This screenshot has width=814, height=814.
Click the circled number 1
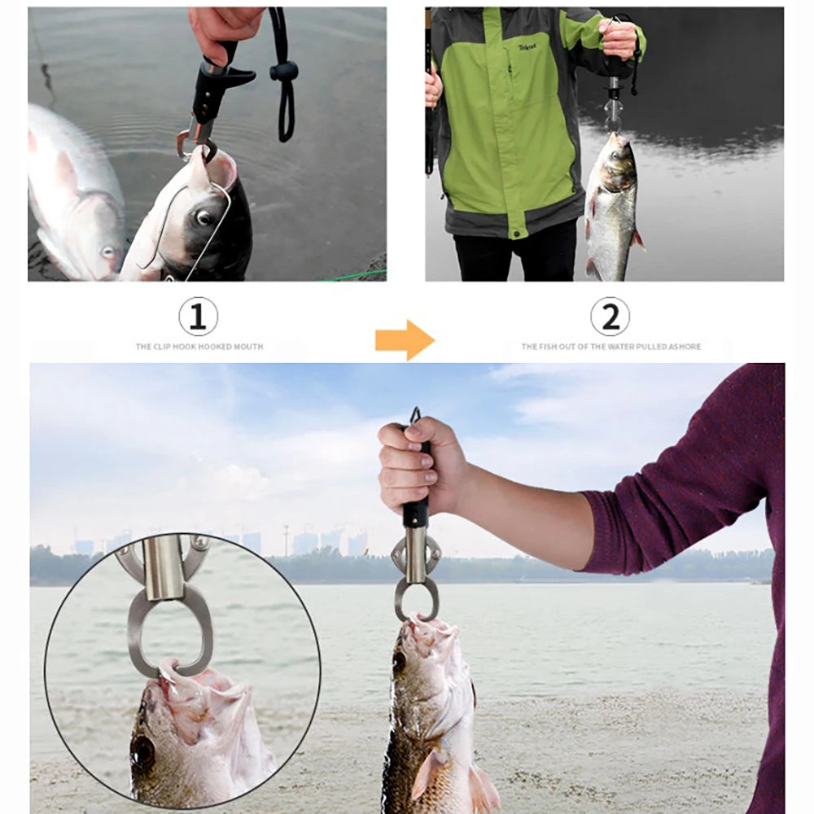[198, 316]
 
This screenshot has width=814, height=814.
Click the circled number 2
[610, 316]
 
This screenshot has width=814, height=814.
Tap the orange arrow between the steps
[405, 339]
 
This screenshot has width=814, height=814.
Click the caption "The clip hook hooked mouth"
[199, 347]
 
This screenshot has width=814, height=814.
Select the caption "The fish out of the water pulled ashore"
[610, 347]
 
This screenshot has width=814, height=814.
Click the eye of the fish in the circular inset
[143, 753]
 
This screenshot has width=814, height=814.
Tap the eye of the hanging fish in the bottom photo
[400, 660]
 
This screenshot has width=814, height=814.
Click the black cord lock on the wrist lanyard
[284, 72]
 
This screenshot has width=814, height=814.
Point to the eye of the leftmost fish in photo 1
[108, 252]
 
